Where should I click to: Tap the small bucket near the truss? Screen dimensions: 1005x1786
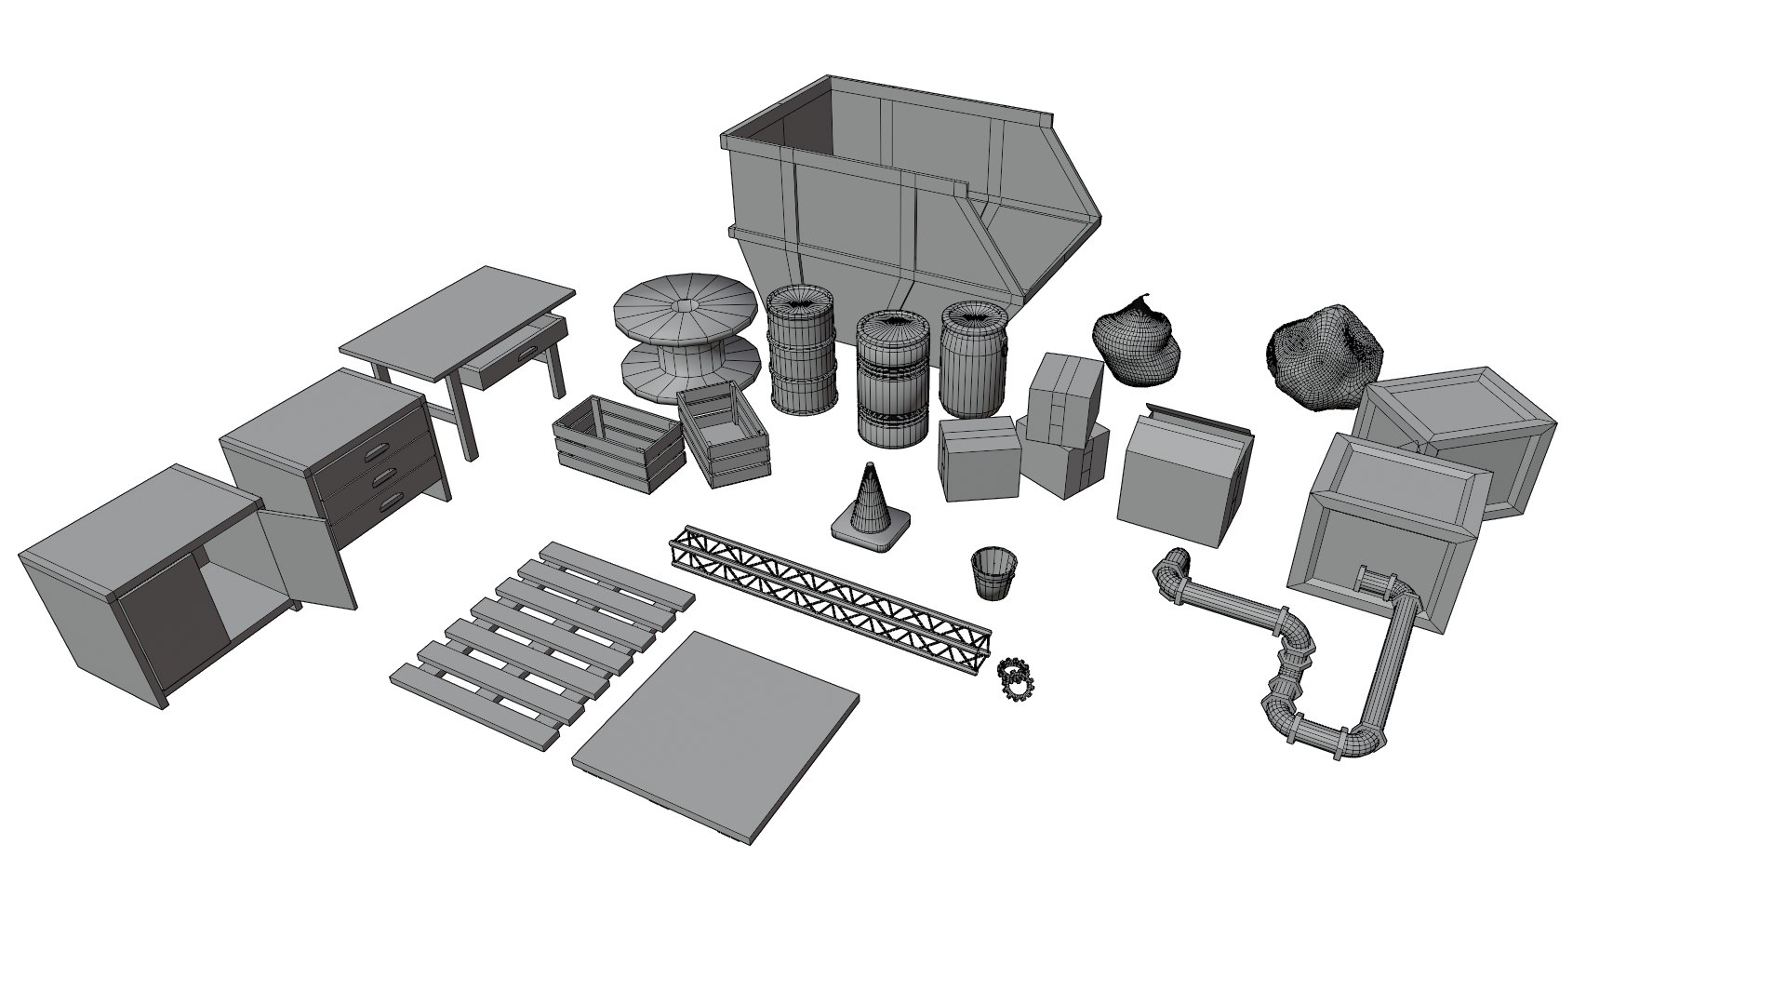coord(993,573)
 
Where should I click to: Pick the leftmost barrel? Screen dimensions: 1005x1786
coord(801,349)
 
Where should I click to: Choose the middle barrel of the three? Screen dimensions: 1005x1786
coord(892,377)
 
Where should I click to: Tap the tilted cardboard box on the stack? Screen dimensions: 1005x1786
coord(1064,397)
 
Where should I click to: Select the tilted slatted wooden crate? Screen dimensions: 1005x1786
coord(724,435)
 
